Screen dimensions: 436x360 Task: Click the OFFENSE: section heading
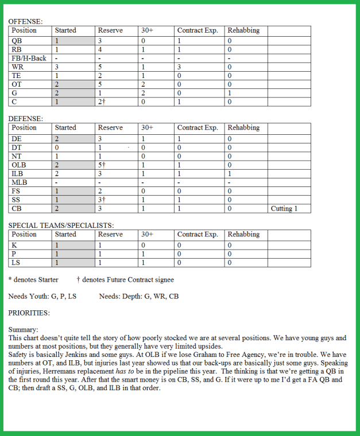pyautogui.click(x=25, y=21)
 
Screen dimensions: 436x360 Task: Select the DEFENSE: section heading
pyautogui.click(x=26, y=119)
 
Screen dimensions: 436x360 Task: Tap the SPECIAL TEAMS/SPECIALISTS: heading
pyautogui.click(x=61, y=225)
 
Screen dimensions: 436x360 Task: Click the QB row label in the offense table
pyautogui.click(x=16, y=41)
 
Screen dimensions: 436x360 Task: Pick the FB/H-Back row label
pyautogui.click(x=29, y=58)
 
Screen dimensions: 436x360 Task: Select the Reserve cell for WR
pyautogui.click(x=100, y=67)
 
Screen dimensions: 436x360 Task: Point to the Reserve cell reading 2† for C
pyautogui.click(x=102, y=102)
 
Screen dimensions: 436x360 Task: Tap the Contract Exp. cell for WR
pyautogui.click(x=179, y=67)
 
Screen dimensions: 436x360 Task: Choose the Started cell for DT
pyautogui.click(x=56, y=147)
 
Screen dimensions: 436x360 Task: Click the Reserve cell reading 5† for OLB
pyautogui.click(x=102, y=165)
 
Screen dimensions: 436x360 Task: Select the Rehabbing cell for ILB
pyautogui.click(x=230, y=173)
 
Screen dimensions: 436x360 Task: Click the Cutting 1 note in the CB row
pyautogui.click(x=284, y=209)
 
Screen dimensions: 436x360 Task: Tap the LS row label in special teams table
pyautogui.click(x=16, y=263)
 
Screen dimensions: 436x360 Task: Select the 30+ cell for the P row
pyautogui.click(x=143, y=254)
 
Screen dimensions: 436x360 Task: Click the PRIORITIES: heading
pyautogui.click(x=29, y=313)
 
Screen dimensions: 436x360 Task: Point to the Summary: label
pyautogui.click(x=23, y=330)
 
